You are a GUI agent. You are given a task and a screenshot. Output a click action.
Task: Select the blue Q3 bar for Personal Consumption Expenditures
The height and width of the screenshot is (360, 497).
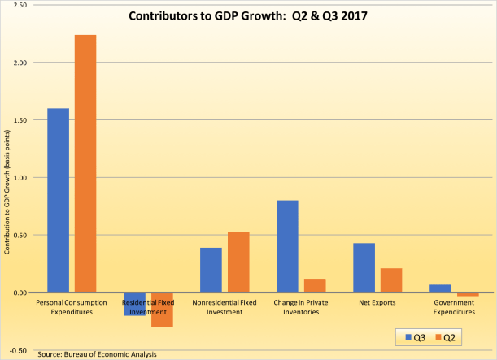pyautogui.click(x=58, y=200)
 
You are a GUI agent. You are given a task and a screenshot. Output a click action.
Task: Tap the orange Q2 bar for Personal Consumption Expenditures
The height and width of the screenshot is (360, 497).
pyautogui.click(x=85, y=163)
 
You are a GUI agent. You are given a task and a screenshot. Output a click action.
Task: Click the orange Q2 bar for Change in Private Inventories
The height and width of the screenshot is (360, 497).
pyautogui.click(x=314, y=285)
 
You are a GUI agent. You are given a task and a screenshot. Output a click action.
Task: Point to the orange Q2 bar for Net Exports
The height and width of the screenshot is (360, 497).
pyautogui.click(x=390, y=280)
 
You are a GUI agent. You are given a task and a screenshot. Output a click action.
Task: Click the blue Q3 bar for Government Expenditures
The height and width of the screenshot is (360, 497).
pyautogui.click(x=440, y=288)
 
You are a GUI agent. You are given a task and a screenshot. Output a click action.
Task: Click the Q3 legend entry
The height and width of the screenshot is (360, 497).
pyautogui.click(x=414, y=336)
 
